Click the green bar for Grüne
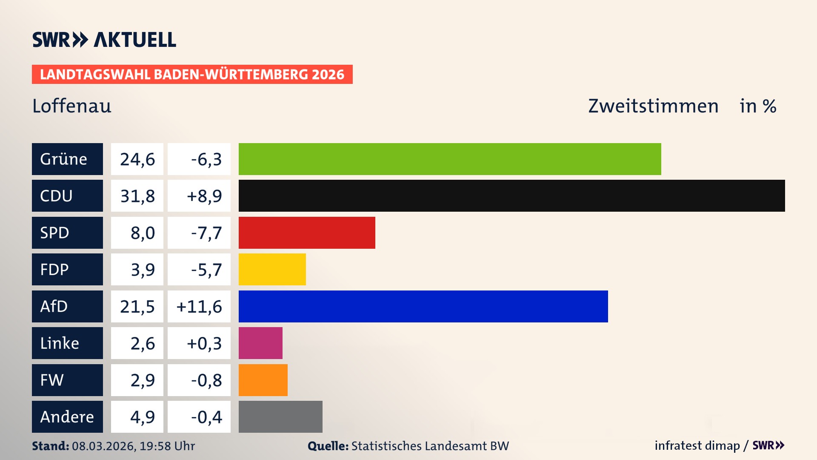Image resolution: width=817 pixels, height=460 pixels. pos(450,159)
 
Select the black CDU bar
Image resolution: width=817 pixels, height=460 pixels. pos(511,195)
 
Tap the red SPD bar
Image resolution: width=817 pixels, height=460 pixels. pos(307,233)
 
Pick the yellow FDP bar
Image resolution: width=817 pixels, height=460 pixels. pos(272,269)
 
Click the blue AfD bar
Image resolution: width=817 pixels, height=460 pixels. pos(423,306)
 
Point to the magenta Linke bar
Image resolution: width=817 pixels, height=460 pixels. pos(260,343)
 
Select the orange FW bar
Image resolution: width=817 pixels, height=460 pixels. pos(263,380)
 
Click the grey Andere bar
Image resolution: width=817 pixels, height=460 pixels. pos(280,417)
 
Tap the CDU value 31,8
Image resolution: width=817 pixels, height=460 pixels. pos(137,196)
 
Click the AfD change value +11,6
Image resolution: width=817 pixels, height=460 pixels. pos(199,307)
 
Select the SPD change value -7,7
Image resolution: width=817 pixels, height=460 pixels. pos(206,233)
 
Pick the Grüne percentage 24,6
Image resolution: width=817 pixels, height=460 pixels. pos(137,159)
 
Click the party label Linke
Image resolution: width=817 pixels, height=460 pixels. pos(60,343)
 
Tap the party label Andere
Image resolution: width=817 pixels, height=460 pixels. pos(67,417)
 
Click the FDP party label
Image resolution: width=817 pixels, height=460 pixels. pos(54,270)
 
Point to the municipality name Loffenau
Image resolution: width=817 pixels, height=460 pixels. pos(71,106)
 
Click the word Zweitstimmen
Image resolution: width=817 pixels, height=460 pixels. pos(653,106)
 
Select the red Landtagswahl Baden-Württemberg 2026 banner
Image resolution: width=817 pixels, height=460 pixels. pos(192,75)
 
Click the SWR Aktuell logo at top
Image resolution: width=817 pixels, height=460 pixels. pos(104,40)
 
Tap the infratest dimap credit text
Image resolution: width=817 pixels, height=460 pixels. pos(697,446)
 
